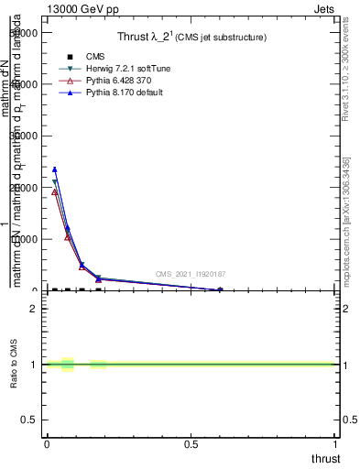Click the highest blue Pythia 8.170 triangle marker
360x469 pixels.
pyautogui.click(x=55, y=169)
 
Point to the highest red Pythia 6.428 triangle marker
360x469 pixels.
pyautogui.click(x=55, y=191)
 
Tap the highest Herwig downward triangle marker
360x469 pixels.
pyautogui.click(x=55, y=182)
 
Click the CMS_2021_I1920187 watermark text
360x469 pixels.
pyautogui.click(x=190, y=274)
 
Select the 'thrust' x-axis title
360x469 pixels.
pyautogui.click(x=324, y=459)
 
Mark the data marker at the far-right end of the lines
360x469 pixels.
pyautogui.click(x=220, y=290)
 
